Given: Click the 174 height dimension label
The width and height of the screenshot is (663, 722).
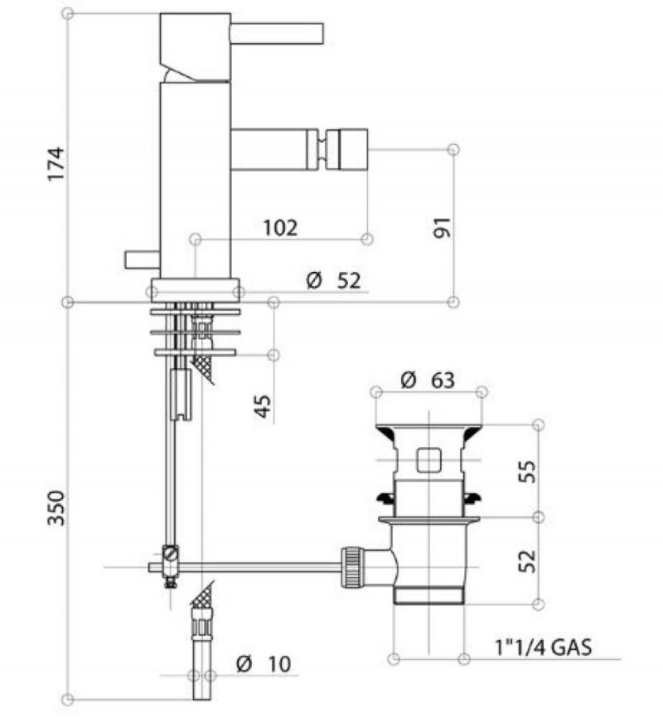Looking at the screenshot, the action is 56,164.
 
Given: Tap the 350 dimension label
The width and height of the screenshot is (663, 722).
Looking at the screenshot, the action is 56,508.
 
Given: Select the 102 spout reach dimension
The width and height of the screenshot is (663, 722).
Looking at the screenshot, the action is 280,227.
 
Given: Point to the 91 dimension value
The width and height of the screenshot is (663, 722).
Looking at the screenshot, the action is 443,227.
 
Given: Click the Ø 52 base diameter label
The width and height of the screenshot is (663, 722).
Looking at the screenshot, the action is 333,280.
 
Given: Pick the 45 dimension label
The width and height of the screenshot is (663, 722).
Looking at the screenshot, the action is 263,406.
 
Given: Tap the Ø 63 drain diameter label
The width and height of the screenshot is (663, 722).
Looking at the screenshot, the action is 428,380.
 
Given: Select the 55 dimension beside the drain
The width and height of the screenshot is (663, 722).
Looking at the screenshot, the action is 528,471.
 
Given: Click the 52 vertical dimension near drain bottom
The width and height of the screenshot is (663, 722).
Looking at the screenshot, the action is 528,561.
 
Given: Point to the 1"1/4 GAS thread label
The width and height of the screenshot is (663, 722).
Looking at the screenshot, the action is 543,647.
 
